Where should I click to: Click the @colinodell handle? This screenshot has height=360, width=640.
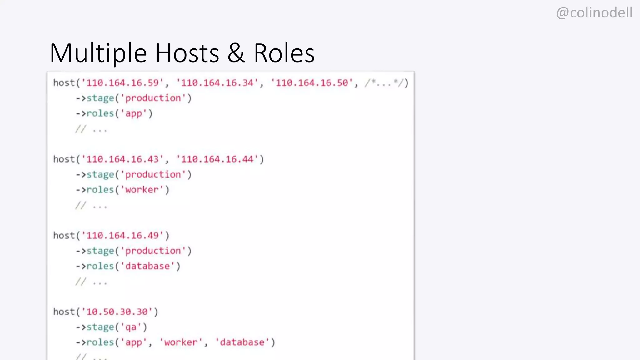[594, 13]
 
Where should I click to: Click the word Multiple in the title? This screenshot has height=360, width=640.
[98, 53]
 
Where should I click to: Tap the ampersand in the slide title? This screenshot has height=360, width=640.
[236, 53]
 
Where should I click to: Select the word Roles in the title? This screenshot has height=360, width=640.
[284, 53]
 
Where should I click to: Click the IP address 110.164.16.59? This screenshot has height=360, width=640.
[122, 83]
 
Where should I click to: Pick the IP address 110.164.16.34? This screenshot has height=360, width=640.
[217, 83]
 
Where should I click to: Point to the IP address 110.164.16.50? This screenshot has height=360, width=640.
[312, 83]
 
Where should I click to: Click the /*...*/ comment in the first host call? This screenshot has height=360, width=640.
[384, 83]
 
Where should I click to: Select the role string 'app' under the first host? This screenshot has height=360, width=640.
[134, 113]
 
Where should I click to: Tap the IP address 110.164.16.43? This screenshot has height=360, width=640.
[122, 159]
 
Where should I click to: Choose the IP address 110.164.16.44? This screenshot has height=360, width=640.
[217, 159]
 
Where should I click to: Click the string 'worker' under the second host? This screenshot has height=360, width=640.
[142, 190]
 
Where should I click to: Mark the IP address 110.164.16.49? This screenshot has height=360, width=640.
[122, 236]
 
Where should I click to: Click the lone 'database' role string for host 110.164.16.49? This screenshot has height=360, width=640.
[147, 266]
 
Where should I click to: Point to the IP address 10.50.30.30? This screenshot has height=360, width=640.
[117, 312]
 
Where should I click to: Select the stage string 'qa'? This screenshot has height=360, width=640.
[131, 327]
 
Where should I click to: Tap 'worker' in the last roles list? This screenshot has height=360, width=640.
[181, 342]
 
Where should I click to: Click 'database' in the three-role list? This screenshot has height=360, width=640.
[242, 342]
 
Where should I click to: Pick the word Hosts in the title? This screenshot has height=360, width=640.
[187, 53]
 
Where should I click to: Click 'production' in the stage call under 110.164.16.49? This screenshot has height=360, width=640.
[153, 251]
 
